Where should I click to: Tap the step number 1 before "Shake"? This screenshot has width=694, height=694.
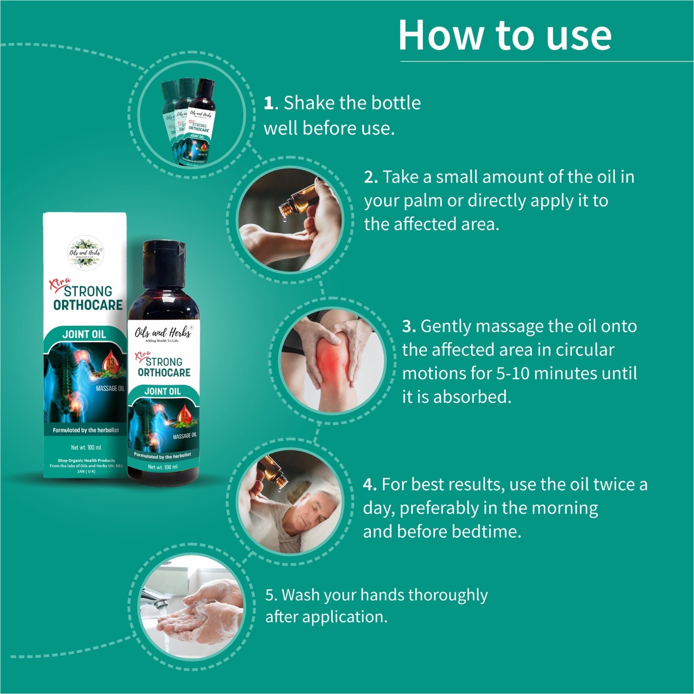pos(269,103)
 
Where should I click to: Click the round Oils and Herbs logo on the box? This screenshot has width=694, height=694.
pos(85,252)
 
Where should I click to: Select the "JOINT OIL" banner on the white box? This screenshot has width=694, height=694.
pos(84,334)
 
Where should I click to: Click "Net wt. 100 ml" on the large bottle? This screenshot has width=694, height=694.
pos(163,467)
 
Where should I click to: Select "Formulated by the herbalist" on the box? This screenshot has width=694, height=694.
pos(85,430)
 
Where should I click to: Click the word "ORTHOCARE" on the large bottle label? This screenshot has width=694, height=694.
pos(164,373)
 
